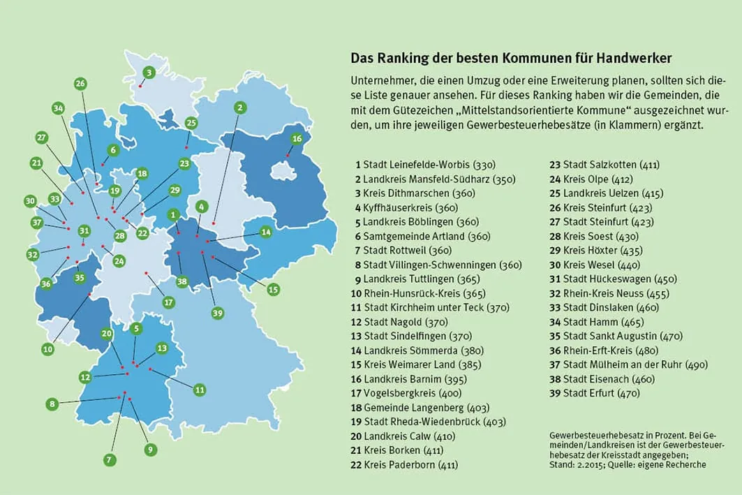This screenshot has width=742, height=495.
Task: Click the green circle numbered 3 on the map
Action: click(x=148, y=73)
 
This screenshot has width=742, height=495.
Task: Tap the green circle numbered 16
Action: click(x=297, y=138)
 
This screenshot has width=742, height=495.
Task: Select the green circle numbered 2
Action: click(x=240, y=108)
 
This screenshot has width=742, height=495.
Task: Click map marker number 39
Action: click(x=217, y=313)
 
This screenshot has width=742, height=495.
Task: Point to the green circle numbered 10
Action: click(x=47, y=348)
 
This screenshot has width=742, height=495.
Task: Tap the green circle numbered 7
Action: click(x=109, y=460)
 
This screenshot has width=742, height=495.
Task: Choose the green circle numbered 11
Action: click(x=199, y=390)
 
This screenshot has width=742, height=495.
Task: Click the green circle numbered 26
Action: click(x=80, y=84)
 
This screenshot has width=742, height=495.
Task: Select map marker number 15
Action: click(x=273, y=289)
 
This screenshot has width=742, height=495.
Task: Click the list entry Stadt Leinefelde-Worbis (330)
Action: click(x=425, y=165)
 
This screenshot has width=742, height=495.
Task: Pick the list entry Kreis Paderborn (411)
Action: click(x=406, y=464)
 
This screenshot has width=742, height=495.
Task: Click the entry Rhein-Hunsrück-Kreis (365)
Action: click(x=420, y=293)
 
